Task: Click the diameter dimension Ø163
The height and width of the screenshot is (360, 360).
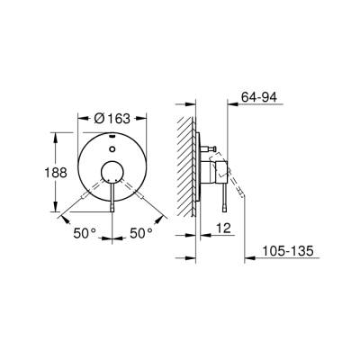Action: (x=113, y=117)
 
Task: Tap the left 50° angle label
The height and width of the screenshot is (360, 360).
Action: (x=85, y=233)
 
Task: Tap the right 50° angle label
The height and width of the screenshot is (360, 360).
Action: (x=141, y=233)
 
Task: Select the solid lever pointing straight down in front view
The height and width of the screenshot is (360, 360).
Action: (x=112, y=200)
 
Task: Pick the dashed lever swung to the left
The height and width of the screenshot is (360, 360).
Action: (x=86, y=196)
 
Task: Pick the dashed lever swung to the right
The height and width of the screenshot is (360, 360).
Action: (x=139, y=196)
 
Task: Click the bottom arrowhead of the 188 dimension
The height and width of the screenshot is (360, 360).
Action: (x=60, y=211)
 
